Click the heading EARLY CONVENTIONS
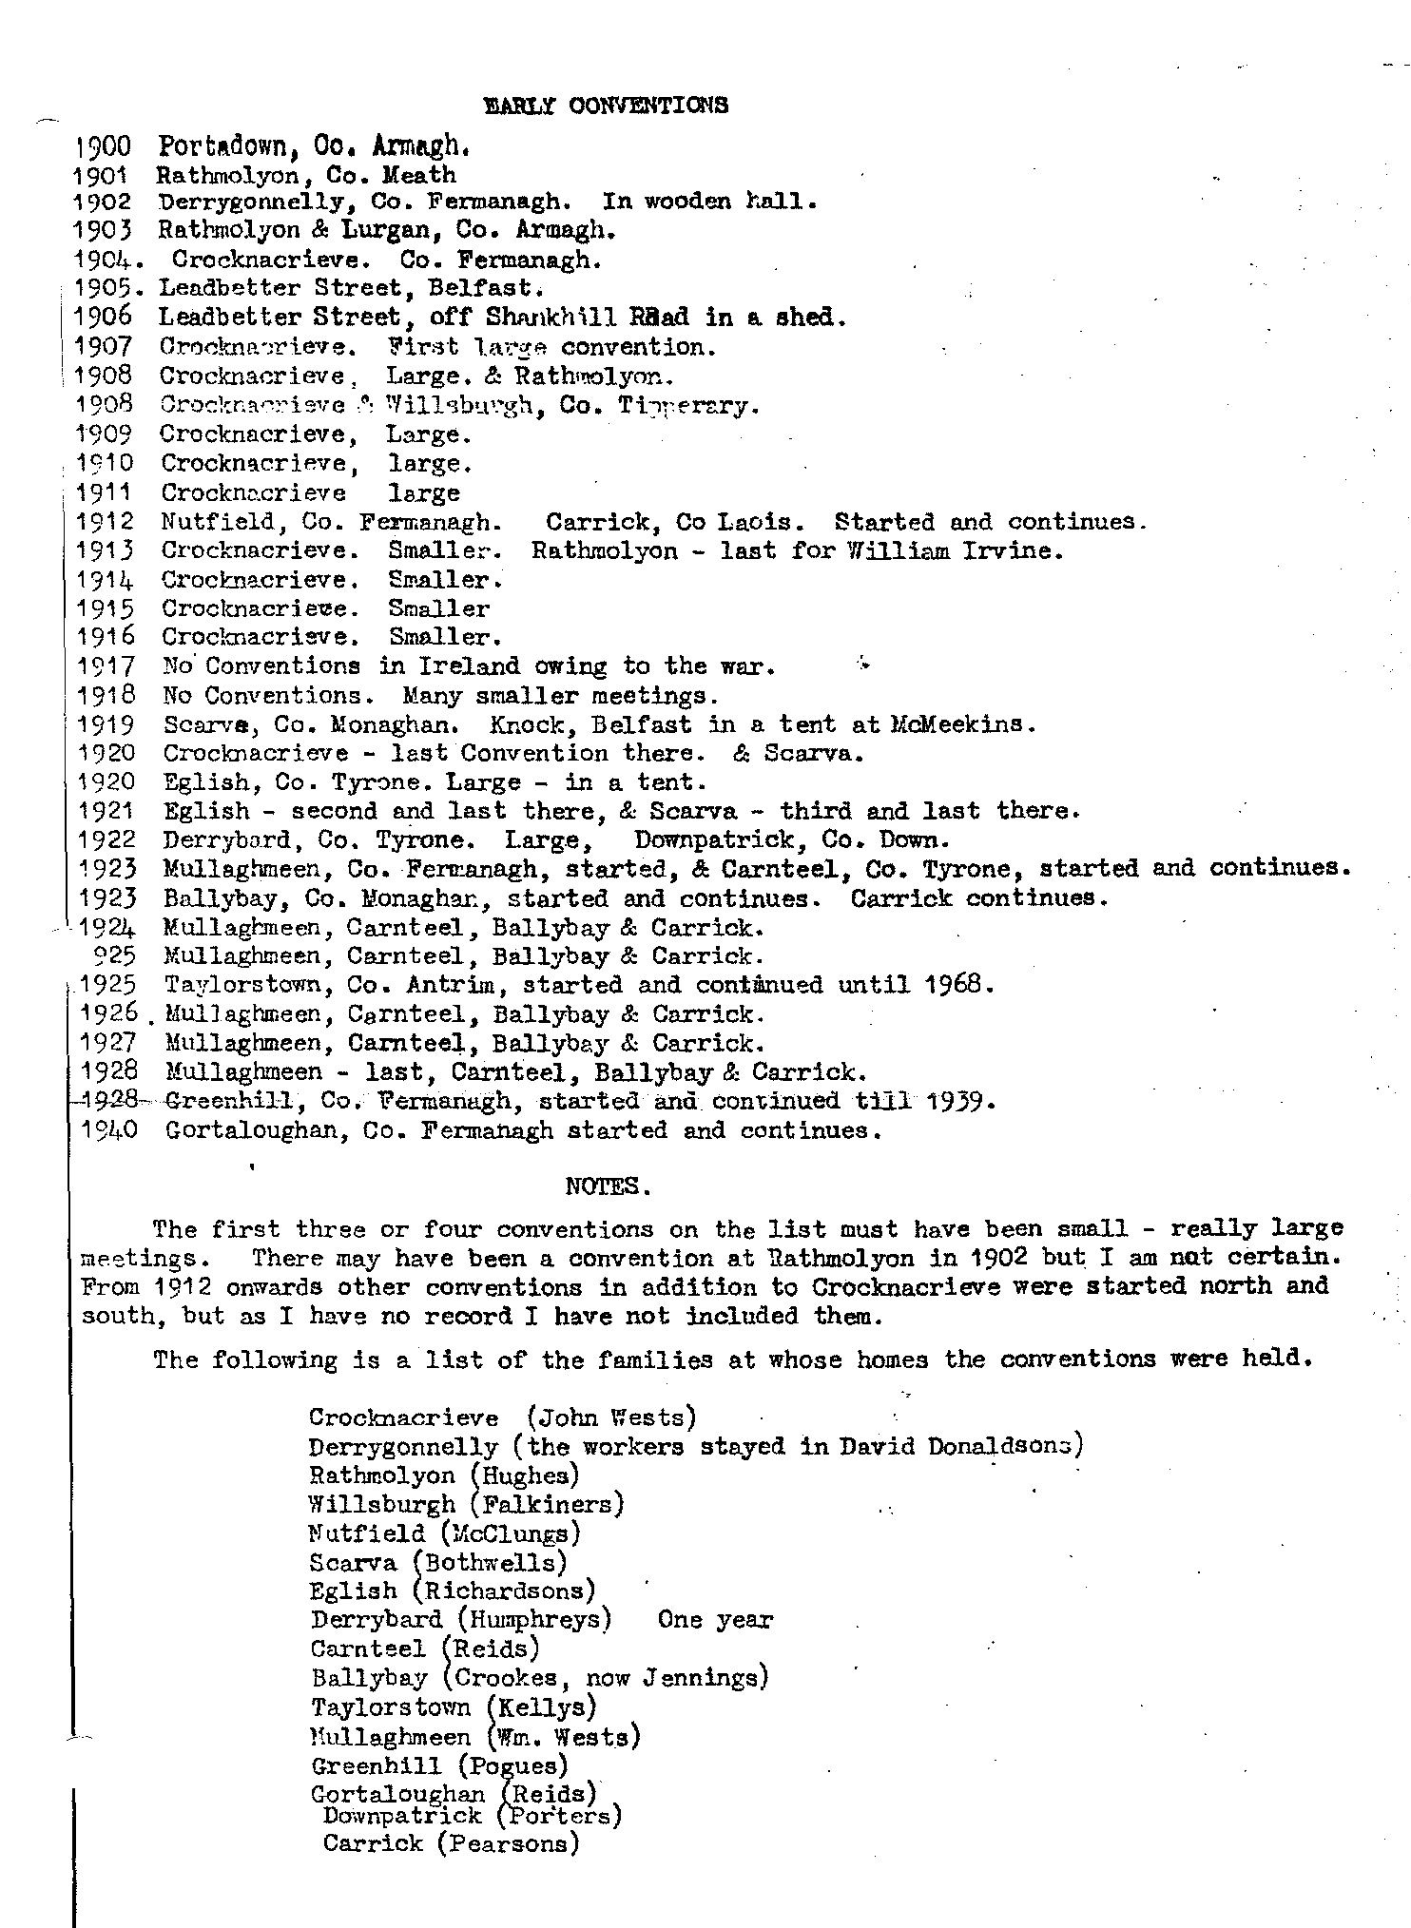606,106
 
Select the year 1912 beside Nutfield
105,522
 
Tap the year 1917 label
105,666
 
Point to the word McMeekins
961,724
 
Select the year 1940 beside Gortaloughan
106,1130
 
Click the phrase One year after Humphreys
715,1619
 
